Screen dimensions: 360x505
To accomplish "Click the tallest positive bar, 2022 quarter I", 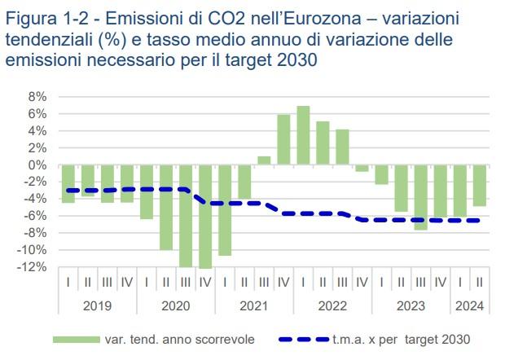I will [x=303, y=135].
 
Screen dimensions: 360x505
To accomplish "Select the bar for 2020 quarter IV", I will [x=205, y=216].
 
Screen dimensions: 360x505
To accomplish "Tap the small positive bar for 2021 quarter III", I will [x=264, y=160].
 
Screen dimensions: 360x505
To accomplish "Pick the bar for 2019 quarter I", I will [x=68, y=183].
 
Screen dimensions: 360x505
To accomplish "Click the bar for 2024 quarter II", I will [x=480, y=185].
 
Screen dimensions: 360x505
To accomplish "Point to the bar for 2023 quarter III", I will [x=421, y=197].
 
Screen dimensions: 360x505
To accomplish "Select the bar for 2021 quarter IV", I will [x=283, y=139].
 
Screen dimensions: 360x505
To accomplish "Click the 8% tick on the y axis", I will [x=37, y=97].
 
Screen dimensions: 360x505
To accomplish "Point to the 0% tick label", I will [x=37, y=165].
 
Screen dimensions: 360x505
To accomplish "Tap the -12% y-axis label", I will [x=35, y=267].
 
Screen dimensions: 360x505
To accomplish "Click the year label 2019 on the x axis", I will [x=98, y=306].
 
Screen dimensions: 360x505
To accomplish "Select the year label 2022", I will [x=332, y=306].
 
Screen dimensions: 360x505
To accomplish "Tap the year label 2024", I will [x=470, y=306].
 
